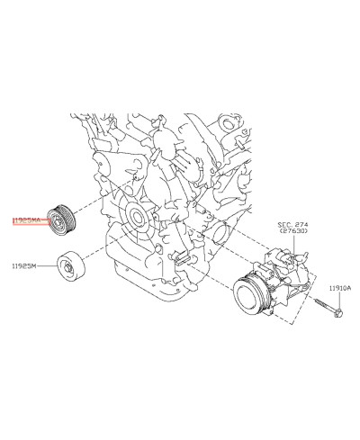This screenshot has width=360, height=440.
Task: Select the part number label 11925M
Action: click(24, 266)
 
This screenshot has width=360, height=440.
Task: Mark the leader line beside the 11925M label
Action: click(46, 267)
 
